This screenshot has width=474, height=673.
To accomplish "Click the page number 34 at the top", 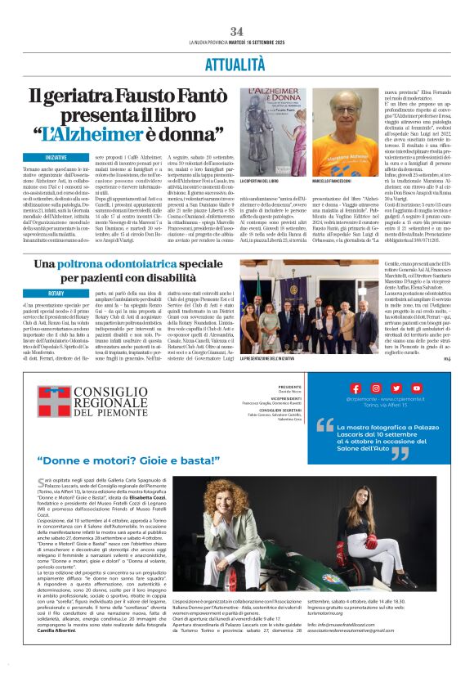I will click(237, 30).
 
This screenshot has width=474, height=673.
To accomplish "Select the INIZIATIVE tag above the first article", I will click(56, 156).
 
